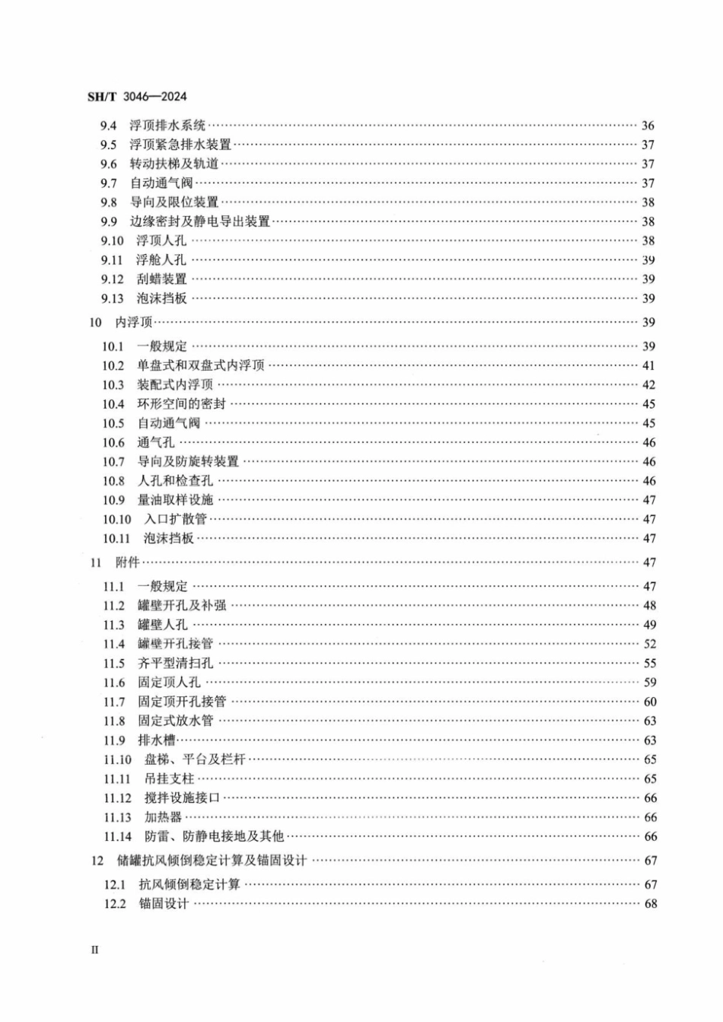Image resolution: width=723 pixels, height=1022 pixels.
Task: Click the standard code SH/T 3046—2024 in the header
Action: coord(137,97)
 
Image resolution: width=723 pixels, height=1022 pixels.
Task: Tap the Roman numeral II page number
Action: coord(94,950)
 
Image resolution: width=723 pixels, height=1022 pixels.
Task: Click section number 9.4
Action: coord(108,126)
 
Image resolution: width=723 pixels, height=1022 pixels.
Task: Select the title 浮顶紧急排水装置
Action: coord(180,145)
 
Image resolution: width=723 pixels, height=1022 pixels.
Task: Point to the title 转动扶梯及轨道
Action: coord(174,164)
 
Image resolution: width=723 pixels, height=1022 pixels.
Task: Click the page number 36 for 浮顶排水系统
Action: coord(648,126)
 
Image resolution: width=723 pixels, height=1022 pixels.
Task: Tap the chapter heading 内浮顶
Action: coord(134,322)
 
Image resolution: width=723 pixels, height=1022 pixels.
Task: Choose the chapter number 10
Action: coord(95,322)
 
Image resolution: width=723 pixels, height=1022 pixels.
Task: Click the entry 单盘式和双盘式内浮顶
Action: coord(201,365)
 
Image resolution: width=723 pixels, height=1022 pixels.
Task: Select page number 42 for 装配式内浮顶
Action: coord(648,385)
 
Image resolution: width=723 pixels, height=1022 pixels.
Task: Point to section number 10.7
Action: coord(113,462)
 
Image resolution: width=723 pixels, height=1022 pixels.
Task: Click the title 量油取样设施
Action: coord(175,500)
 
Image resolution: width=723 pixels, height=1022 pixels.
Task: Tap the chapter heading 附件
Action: coord(128,562)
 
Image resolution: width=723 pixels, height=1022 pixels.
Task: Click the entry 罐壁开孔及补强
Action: coord(182,606)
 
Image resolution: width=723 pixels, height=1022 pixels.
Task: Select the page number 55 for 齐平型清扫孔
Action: coord(649,664)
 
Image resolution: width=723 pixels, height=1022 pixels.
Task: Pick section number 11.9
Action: coord(114,740)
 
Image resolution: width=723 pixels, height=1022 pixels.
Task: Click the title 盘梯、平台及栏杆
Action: coord(195,759)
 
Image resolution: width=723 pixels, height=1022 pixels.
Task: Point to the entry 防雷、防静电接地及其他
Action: coord(214,836)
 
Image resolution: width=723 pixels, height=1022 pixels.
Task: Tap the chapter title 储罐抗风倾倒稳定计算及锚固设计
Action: coord(212,861)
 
